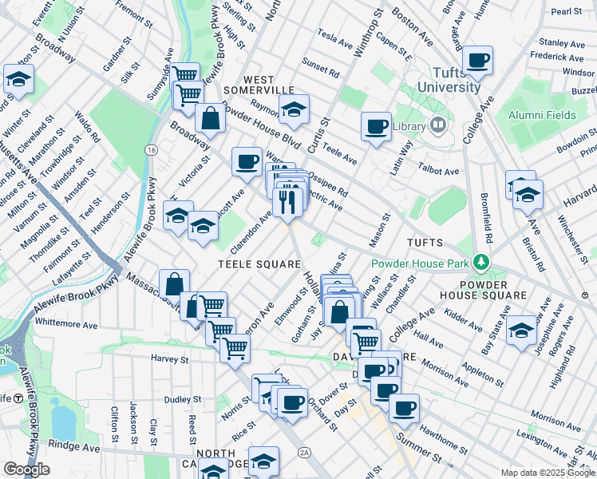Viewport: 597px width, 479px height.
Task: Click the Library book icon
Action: click(437, 125)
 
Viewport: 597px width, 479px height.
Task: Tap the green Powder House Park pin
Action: click(480, 262)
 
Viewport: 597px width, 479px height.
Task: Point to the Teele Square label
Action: click(260, 263)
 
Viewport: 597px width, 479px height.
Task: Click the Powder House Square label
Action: click(492, 288)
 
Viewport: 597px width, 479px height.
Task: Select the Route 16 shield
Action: click(150, 149)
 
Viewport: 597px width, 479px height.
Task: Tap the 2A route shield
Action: click(304, 452)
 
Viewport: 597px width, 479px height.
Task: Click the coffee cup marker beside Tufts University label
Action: click(477, 60)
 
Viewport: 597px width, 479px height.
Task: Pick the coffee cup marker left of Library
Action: click(376, 126)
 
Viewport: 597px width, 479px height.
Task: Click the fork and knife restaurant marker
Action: click(287, 202)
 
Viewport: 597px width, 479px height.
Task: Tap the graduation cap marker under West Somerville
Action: click(294, 110)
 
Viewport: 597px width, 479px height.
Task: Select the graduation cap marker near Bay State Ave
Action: click(521, 331)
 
